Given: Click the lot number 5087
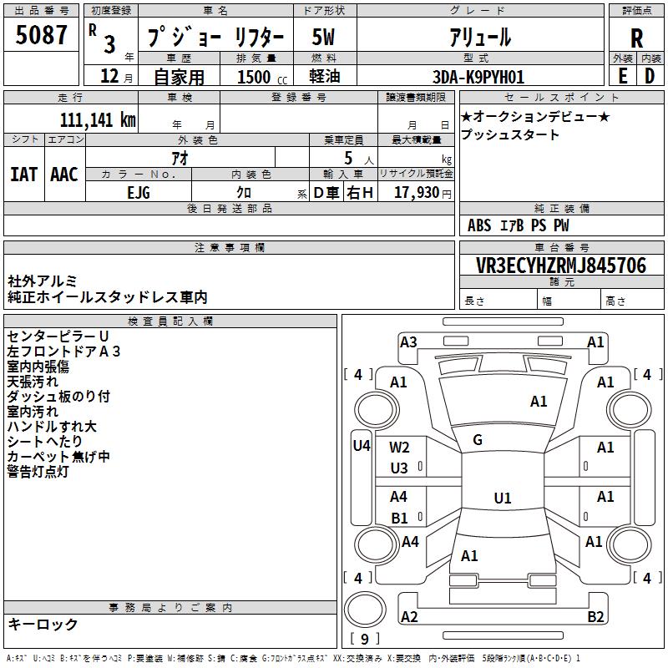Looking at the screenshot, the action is pyautogui.click(x=41, y=35).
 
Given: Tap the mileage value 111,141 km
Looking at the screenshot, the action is pyautogui.click(x=98, y=120).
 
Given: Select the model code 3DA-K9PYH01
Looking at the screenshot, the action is pyautogui.click(x=478, y=77).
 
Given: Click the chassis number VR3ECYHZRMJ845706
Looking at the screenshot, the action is pyautogui.click(x=560, y=266).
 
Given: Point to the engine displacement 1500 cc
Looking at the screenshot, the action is pyautogui.click(x=262, y=77).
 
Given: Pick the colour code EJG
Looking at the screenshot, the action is pyautogui.click(x=139, y=193).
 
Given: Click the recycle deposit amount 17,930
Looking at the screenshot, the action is pyautogui.click(x=416, y=193).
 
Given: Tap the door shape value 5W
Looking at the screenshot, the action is pyautogui.click(x=323, y=37).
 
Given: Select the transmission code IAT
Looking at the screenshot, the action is pyautogui.click(x=23, y=175).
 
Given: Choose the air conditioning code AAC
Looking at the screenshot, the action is pyautogui.click(x=64, y=175).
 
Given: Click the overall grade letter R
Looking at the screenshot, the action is pyautogui.click(x=636, y=38).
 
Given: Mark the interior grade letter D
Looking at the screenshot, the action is pyautogui.click(x=650, y=76).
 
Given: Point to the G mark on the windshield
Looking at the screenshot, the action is pyautogui.click(x=478, y=440).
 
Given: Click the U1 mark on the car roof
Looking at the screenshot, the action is pyautogui.click(x=503, y=498).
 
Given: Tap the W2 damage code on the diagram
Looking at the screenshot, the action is pyautogui.click(x=399, y=448).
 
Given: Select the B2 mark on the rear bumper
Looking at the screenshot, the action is pyautogui.click(x=595, y=617).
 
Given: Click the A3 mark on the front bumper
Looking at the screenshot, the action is pyautogui.click(x=408, y=342).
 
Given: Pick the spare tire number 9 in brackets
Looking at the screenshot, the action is pyautogui.click(x=365, y=639).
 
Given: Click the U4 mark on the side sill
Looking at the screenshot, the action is pyautogui.click(x=362, y=446).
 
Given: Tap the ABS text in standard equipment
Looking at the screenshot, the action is pyautogui.click(x=479, y=225).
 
